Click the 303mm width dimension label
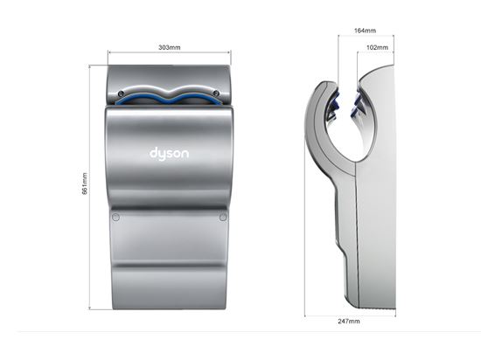(170, 47)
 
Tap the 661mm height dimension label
(85, 183)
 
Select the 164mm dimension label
(365, 31)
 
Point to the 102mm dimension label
(377, 47)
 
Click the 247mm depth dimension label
(349, 321)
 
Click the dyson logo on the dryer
(169, 153)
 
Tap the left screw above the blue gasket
(121, 93)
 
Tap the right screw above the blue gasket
(216, 93)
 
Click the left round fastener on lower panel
(115, 218)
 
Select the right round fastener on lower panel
(223, 218)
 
